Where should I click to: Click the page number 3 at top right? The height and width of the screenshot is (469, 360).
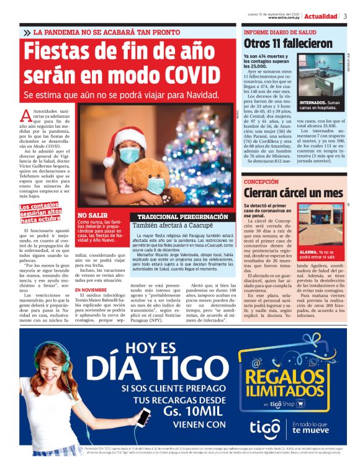[344, 16]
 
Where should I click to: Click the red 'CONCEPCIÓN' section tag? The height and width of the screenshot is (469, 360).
[261, 182]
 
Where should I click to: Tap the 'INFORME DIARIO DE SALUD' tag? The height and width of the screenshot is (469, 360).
[276, 31]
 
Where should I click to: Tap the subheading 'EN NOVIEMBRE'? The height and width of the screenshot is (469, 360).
[91, 289]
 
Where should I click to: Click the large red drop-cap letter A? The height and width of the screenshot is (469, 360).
[26, 115]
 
